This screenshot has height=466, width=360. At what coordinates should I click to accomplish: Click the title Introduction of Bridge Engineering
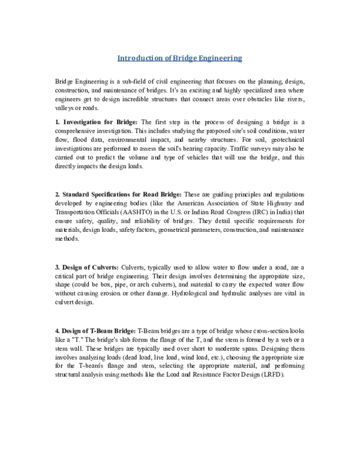(179, 58)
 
